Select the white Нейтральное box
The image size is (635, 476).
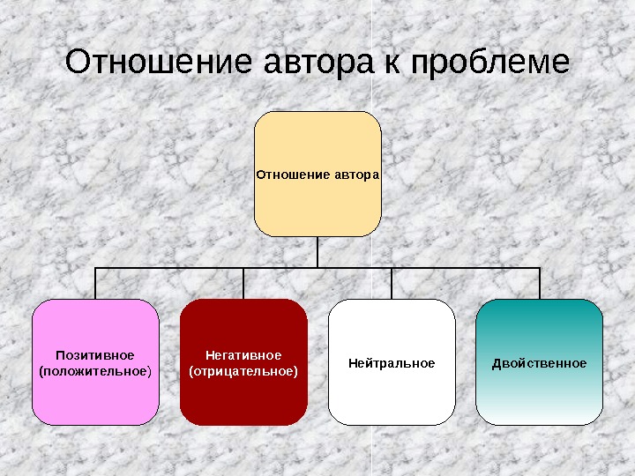(392, 397)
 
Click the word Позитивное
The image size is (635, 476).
(95, 354)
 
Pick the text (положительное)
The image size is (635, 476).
(95, 371)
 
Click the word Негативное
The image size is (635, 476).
(243, 354)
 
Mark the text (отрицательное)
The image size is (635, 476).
(243, 371)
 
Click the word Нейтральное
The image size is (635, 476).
(392, 363)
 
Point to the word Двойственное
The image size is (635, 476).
(539, 363)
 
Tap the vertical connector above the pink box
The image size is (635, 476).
(95, 283)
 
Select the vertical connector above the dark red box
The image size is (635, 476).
(243, 283)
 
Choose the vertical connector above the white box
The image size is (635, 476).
(392, 283)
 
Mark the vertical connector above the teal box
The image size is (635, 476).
(539, 283)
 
